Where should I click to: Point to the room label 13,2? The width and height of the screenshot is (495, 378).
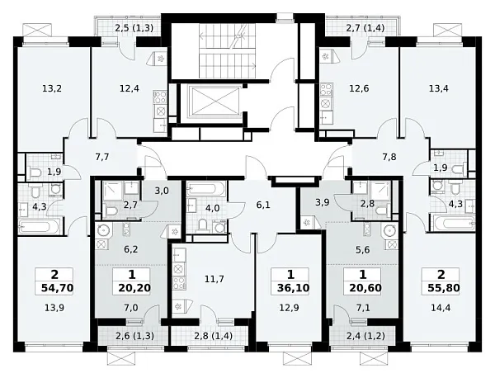click(x=52, y=89)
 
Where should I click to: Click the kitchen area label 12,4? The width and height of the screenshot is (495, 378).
click(x=130, y=89)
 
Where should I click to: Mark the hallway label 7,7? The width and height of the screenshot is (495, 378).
click(x=102, y=157)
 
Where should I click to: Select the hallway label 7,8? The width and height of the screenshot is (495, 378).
click(x=389, y=157)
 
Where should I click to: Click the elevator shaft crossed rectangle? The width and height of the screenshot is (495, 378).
click(x=216, y=101)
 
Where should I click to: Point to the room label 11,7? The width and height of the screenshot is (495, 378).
click(x=214, y=279)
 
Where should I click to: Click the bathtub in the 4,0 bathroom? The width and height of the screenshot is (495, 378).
click(x=205, y=190)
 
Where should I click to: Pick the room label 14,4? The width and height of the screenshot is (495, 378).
click(x=441, y=308)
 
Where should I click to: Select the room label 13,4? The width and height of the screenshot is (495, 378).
click(x=439, y=89)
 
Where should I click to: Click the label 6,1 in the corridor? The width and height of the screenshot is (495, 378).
click(x=263, y=206)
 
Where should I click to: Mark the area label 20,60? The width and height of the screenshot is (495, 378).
click(x=365, y=288)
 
